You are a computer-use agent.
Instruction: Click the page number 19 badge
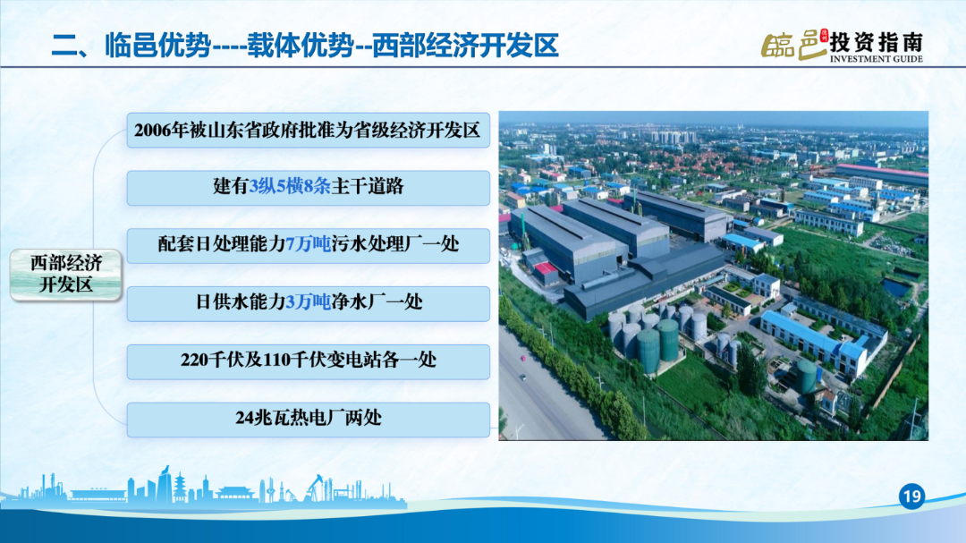[x=911, y=496]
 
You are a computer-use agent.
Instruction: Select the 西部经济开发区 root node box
[x=66, y=275]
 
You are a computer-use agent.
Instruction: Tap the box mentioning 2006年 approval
[x=308, y=130]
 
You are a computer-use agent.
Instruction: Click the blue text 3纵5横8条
[x=290, y=186]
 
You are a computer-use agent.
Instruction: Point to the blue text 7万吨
[x=308, y=244]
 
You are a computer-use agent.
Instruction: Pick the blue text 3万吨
[x=308, y=302]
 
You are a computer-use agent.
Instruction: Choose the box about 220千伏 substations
[x=308, y=361]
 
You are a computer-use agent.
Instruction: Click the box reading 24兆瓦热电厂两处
[x=308, y=420]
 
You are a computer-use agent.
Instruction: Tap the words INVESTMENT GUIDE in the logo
[x=876, y=58]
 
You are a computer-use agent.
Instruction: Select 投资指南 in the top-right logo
[x=876, y=43]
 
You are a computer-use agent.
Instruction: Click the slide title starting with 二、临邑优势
[x=305, y=45]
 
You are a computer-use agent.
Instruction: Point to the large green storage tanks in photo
[x=657, y=345]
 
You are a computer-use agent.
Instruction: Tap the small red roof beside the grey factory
[x=545, y=268]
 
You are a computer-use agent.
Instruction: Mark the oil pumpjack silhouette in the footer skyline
[x=316, y=487]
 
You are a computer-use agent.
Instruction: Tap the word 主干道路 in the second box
[x=368, y=186]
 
